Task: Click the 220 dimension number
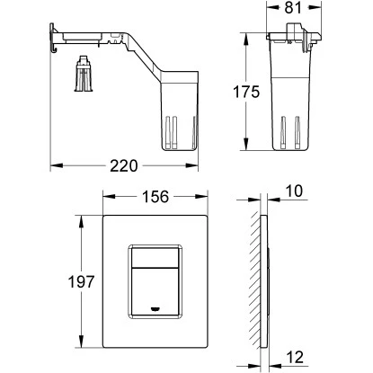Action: click(124, 165)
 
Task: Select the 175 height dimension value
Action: click(246, 92)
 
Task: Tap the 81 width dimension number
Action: click(293, 8)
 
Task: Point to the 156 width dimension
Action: click(155, 197)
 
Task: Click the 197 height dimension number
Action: click(81, 281)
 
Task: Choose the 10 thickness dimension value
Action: click(294, 191)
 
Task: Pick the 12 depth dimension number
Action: click(295, 357)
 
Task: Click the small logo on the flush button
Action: click(155, 308)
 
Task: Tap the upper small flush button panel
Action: click(155, 257)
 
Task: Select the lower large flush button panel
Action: click(155, 292)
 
